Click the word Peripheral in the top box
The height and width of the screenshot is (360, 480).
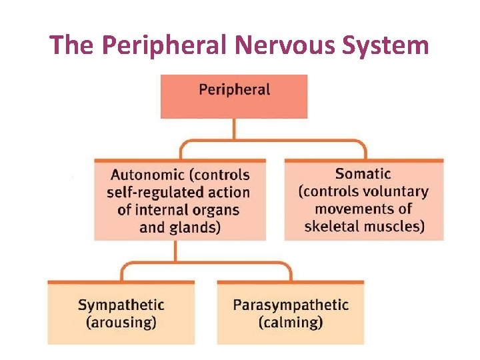coord(234,90)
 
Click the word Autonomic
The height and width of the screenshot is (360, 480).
coord(147,175)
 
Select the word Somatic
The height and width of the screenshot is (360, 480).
coord(363,174)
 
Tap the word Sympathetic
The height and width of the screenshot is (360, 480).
coord(121,305)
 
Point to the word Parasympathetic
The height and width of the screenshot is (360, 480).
coord(290,305)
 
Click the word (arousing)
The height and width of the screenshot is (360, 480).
coord(121,323)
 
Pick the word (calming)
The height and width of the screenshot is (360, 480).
coord(290,323)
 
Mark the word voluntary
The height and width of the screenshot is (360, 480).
coord(393,191)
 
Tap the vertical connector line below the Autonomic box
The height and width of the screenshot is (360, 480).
coord(176,251)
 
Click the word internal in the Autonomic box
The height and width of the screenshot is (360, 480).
coord(164,210)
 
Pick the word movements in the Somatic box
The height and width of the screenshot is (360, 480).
coord(355,209)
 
